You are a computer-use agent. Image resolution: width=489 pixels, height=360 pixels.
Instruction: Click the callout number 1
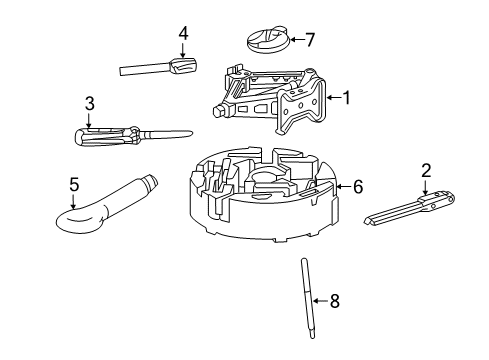coord(347,98)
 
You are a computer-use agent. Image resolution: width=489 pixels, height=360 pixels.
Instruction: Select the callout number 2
coord(426,170)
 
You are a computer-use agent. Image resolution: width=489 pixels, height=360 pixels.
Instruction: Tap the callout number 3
coord(89,102)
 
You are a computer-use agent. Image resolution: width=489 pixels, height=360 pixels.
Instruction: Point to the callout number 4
coord(183,33)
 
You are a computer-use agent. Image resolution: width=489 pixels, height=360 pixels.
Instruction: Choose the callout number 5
coord(73,184)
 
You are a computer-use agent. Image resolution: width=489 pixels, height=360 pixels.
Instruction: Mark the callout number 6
coord(358,186)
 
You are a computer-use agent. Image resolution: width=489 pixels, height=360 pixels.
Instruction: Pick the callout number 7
coord(310,41)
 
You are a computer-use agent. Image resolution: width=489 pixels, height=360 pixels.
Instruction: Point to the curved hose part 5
coord(100,205)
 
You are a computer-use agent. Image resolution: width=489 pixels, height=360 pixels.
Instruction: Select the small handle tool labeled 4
coord(160,68)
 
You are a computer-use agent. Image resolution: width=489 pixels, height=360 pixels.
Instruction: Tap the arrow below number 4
coord(183,52)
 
